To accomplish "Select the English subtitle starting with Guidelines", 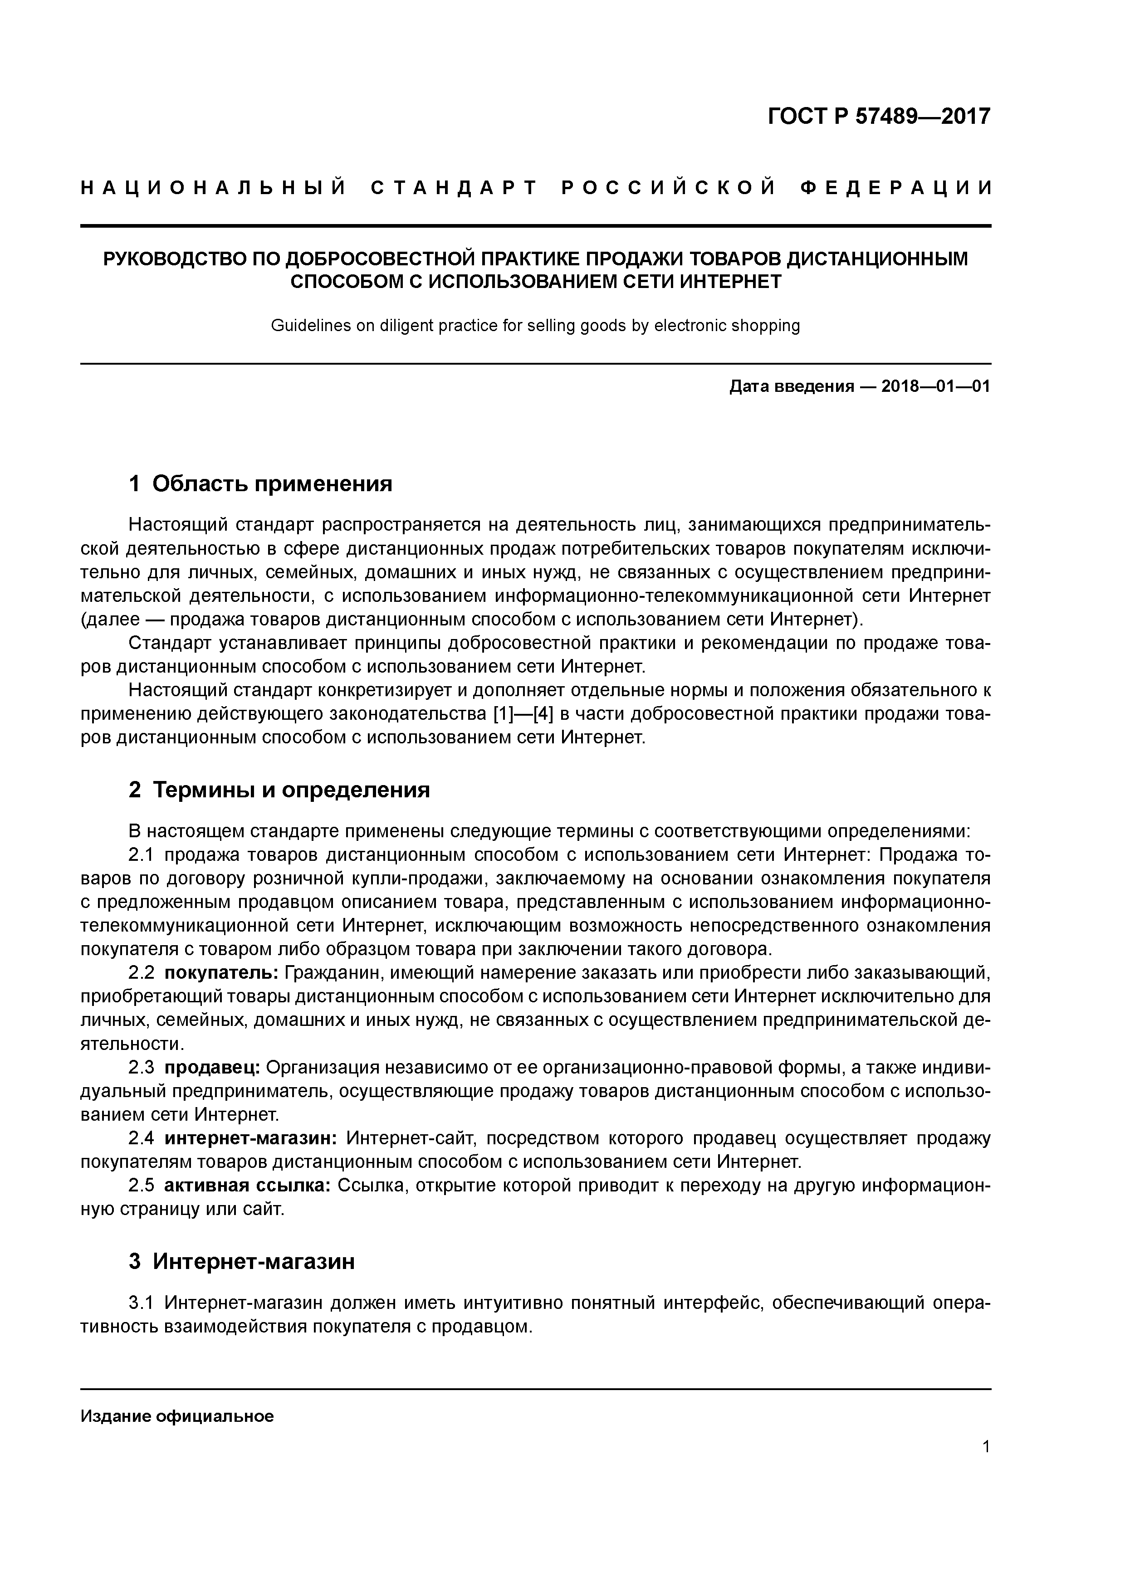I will tap(535, 326).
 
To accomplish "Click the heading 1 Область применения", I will tap(261, 483).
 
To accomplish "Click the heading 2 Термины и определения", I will tap(279, 790).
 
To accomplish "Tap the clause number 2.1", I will tap(143, 855).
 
